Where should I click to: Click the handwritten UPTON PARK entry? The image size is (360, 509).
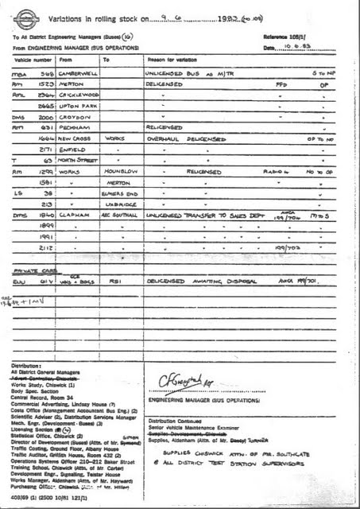[77, 105]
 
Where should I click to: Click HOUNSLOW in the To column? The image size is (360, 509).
[119, 171]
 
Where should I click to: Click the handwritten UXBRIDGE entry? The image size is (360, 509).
[119, 204]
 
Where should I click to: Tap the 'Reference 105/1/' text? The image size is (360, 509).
[287, 37]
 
